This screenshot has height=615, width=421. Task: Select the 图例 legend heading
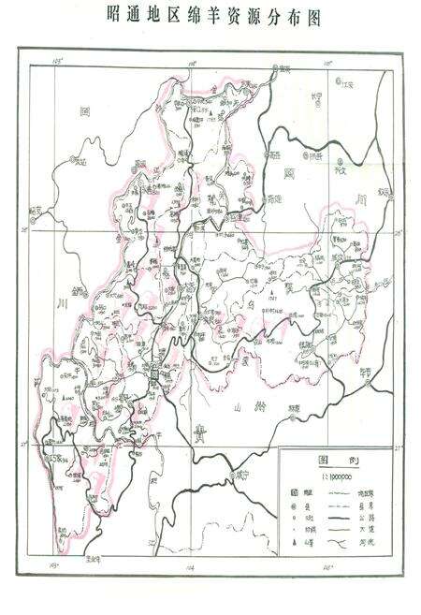[337, 460]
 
